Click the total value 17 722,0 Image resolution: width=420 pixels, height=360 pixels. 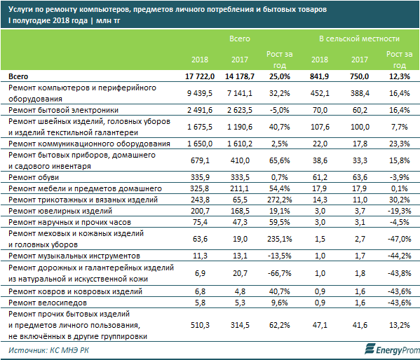200,76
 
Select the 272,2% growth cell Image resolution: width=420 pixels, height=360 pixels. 280,200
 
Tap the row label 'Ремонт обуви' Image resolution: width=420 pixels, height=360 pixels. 34,177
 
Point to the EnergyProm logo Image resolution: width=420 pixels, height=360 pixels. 392,349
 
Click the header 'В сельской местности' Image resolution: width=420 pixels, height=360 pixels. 359,39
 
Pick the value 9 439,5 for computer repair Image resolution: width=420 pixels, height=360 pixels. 200,93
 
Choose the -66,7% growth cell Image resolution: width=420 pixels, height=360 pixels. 280,274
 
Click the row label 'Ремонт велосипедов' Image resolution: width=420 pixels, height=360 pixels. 48,303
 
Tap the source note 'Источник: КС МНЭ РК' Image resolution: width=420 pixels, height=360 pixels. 48,350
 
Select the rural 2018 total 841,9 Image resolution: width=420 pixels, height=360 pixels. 319,76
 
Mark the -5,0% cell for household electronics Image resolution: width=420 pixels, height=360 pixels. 280,110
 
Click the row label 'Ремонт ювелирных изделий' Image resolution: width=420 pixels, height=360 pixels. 60,212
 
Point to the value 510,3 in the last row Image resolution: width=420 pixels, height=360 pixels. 200,325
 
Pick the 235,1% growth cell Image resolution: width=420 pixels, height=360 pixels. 280,239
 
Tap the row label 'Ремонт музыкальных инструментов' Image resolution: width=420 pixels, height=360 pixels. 74,256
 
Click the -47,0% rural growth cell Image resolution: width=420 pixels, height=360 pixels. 400,239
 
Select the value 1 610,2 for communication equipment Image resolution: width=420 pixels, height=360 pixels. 240,144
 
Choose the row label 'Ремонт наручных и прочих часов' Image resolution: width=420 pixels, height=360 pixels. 69,223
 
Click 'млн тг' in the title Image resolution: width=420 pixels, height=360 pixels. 108,21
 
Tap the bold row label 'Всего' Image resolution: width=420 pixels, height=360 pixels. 18,76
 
